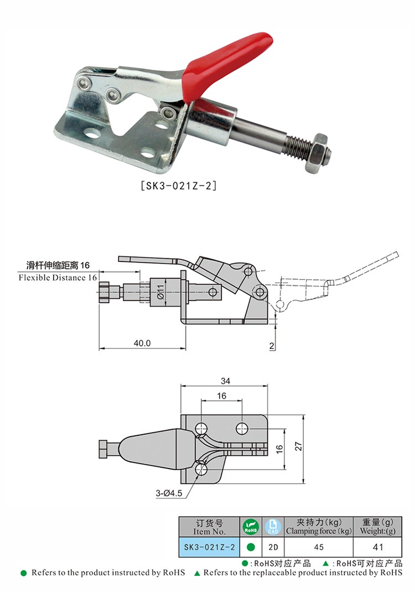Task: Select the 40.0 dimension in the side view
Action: tap(142, 343)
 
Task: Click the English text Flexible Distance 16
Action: tap(58, 277)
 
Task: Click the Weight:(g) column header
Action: tap(378, 527)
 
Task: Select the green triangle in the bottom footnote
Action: tap(197, 573)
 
